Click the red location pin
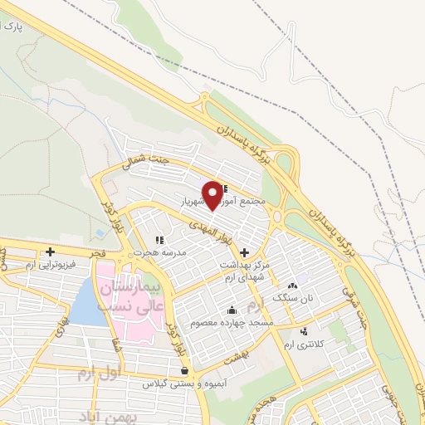[213, 194]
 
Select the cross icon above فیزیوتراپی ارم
[51, 251]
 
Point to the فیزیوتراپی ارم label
[51, 264]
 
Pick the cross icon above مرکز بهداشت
[244, 252]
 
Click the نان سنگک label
[296, 298]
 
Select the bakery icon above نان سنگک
[292, 286]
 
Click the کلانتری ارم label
[300, 344]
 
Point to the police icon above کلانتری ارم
[303, 332]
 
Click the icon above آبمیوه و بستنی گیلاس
[183, 370]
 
